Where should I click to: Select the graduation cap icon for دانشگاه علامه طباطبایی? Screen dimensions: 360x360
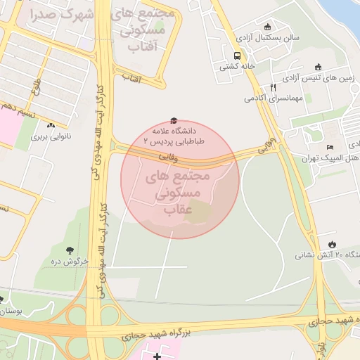(174, 121)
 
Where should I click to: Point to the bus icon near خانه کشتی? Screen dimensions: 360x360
(237, 56)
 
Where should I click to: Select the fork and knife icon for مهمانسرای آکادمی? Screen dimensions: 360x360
(272, 88)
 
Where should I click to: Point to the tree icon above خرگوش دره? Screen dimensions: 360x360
(70, 250)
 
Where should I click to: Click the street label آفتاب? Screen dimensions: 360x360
(131, 79)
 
